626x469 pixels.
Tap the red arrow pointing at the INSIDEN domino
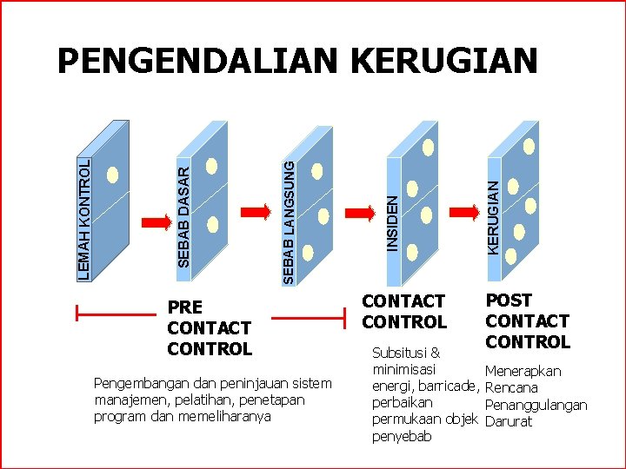pyautogui.click(x=358, y=212)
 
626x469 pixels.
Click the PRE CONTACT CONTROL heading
pyautogui.click(x=209, y=327)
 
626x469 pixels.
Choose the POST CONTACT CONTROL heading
pyautogui.click(x=527, y=320)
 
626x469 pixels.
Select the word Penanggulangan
pyautogui.click(x=536, y=405)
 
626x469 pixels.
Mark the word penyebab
pyautogui.click(x=402, y=437)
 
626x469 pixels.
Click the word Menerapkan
pyautogui.click(x=523, y=371)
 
